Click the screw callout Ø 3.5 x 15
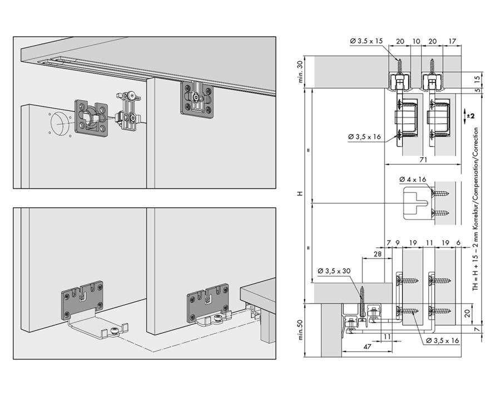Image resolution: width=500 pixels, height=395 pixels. tap(366, 41)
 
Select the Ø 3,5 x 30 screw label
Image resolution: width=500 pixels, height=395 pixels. tap(334, 271)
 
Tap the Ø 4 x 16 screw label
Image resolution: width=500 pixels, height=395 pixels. tap(413, 179)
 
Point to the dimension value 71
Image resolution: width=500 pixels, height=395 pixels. tap(423, 160)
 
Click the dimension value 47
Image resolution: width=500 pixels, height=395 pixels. tap(367, 347)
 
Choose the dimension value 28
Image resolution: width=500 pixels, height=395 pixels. tap(377, 254)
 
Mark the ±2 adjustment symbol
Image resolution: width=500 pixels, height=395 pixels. tap(469, 115)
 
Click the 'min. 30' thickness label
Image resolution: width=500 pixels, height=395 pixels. tap(300, 72)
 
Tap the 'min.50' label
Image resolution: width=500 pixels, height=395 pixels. tap(300, 330)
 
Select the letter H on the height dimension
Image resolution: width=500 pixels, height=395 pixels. tap(300, 193)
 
